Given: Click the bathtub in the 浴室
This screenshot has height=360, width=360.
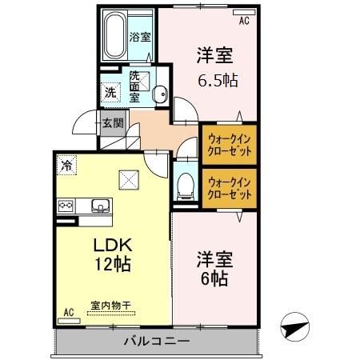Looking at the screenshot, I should point(115,35).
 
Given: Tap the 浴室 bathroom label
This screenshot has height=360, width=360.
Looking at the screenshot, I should point(141,36).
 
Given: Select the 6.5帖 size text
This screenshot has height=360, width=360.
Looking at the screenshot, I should point(218,80).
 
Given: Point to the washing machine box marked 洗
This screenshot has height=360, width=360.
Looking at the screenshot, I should point(110,92).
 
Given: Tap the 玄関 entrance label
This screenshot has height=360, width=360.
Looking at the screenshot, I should point(112,123).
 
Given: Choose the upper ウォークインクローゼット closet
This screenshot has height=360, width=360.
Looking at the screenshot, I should point(227,142).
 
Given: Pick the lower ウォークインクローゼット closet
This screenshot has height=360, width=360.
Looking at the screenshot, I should point(227,190).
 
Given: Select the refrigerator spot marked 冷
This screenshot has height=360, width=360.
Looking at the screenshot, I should point(66,167).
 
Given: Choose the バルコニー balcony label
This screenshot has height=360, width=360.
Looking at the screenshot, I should point(157,342).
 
